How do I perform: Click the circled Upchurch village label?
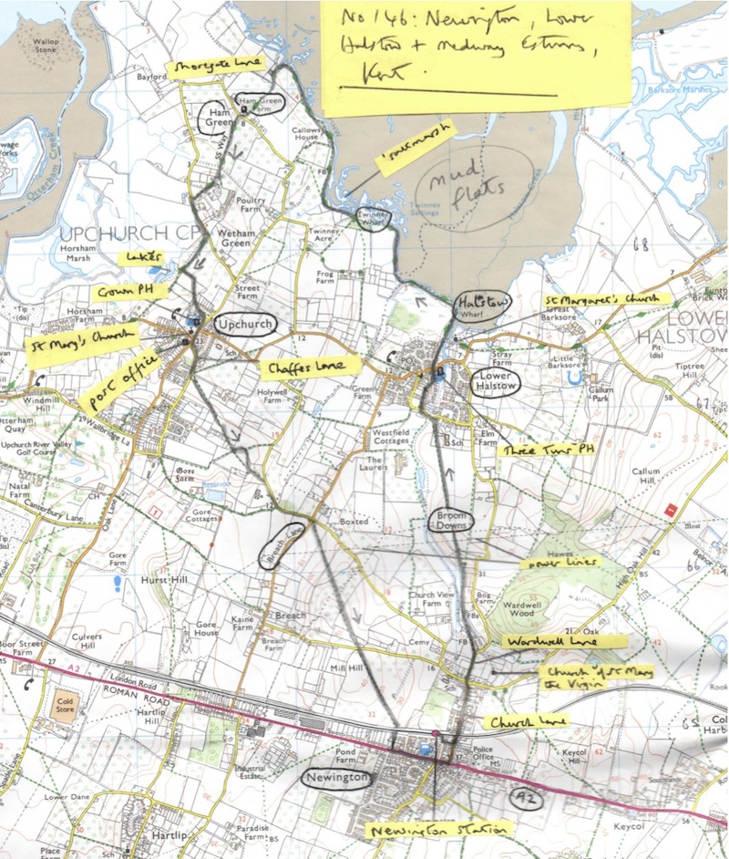tap(240, 324)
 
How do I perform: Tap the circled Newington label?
tap(338, 778)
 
